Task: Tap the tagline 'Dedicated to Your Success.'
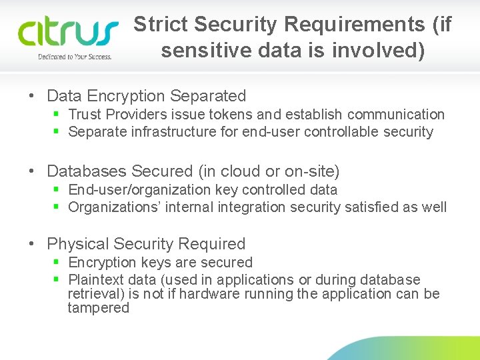pos(75,57)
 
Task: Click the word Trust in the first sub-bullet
pos(85,115)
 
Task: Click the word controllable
pos(342,132)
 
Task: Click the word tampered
pos(98,308)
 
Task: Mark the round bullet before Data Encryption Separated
pos(33,97)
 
